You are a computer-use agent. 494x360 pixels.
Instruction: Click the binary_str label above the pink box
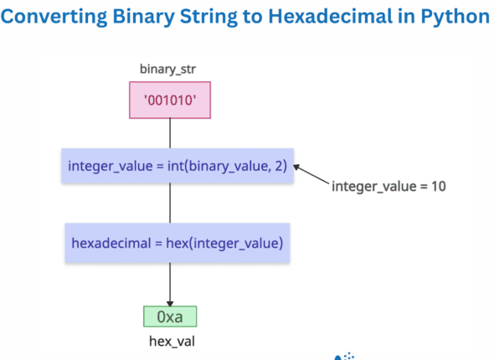tap(170, 66)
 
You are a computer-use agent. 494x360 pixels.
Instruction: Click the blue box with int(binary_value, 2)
tap(177, 167)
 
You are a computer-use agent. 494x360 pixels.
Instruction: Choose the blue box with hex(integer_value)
tap(177, 243)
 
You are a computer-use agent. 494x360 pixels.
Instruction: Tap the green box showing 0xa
tap(170, 316)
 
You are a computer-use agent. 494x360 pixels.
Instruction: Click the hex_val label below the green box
tap(170, 342)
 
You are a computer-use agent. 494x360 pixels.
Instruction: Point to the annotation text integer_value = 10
tap(389, 185)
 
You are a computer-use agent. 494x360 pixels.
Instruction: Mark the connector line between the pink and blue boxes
tap(170, 132)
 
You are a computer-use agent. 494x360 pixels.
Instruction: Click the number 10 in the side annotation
tap(439, 185)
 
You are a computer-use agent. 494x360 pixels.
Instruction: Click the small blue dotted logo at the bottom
tap(344, 356)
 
